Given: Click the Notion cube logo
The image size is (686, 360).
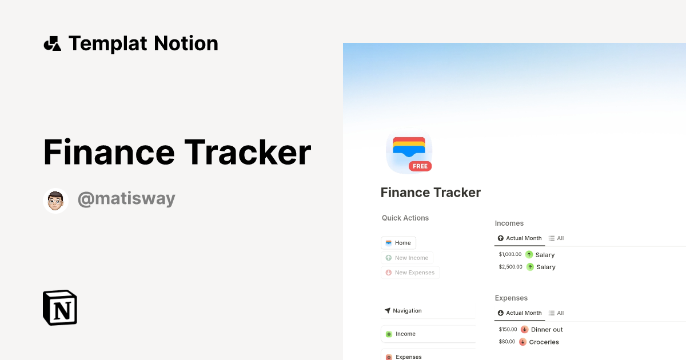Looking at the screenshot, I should tap(60, 307).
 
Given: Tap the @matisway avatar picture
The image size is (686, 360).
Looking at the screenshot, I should tap(55, 201).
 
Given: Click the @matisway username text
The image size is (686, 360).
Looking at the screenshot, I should tap(126, 199).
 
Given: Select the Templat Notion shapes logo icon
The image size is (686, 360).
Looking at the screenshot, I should tap(52, 43).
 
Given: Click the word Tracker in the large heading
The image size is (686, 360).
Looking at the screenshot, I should tap(248, 153).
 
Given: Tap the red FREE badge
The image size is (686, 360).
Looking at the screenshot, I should tap(420, 166).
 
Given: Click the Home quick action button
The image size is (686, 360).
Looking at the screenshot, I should tap(398, 243).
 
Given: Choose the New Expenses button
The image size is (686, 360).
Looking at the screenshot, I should tap(410, 273).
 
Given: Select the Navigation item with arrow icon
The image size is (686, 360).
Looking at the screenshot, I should tap(407, 311).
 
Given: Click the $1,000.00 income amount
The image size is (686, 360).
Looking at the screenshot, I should tap(510, 255).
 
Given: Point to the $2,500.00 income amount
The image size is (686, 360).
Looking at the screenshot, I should tap(510, 267).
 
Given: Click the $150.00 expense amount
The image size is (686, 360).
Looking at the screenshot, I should tap(508, 330).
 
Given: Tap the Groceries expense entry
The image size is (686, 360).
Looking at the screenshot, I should tap(544, 342).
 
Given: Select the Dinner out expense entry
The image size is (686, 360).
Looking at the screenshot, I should tap(547, 330).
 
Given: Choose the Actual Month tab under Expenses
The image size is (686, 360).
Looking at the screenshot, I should tap(520, 313).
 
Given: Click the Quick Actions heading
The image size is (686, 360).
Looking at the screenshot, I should tap(405, 218).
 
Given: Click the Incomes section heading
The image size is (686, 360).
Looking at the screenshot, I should tap(509, 223).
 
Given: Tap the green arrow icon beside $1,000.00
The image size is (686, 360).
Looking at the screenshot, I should tap(529, 255).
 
